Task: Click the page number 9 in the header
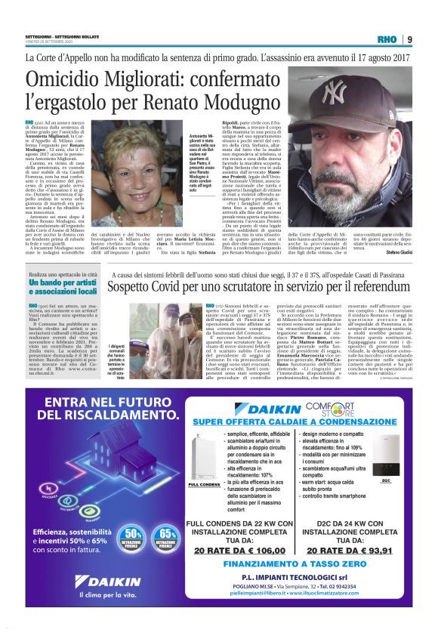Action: tap(409, 40)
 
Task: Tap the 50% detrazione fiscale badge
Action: tap(132, 538)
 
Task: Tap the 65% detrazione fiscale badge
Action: tap(167, 538)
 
